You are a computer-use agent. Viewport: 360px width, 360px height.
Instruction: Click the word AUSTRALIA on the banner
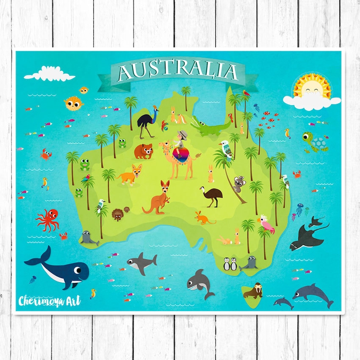[178, 72]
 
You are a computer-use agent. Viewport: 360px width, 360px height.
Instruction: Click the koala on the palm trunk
[238, 183]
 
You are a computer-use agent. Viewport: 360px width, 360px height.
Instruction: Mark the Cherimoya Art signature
[49, 301]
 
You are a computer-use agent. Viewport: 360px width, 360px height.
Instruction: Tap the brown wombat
[143, 151]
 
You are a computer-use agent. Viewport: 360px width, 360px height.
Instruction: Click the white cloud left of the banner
[50, 74]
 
